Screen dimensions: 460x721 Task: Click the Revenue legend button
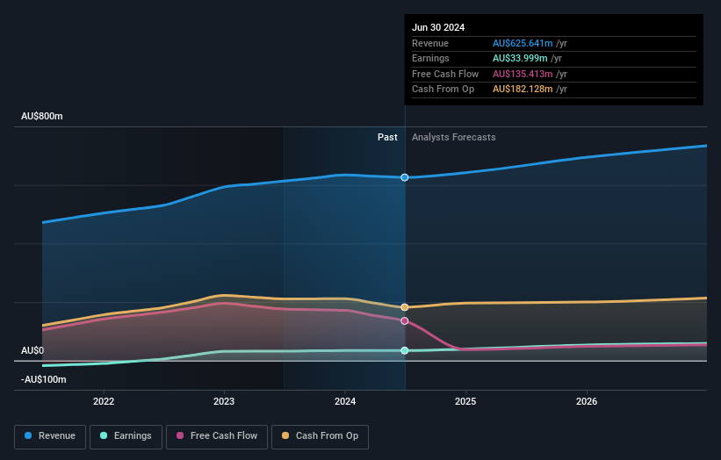(x=51, y=435)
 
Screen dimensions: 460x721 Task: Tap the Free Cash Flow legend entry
(x=217, y=435)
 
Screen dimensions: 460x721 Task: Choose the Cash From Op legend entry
(x=321, y=435)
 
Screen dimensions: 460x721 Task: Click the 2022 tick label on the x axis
(x=104, y=401)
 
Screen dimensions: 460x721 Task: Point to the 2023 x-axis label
(x=224, y=401)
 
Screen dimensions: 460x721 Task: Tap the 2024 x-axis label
(x=345, y=401)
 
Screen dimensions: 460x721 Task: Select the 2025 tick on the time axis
(x=465, y=401)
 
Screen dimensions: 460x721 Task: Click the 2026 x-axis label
(x=587, y=401)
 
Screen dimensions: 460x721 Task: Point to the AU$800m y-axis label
(x=42, y=117)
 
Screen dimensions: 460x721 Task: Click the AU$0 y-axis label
(x=32, y=350)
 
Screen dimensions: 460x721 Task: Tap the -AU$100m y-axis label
(x=44, y=379)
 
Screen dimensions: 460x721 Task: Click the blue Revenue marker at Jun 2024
(x=405, y=177)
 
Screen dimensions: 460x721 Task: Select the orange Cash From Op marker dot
(x=405, y=307)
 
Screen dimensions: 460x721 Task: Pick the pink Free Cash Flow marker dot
(x=405, y=320)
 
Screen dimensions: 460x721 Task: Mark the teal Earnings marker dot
(x=405, y=350)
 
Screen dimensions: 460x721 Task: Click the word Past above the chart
(x=387, y=138)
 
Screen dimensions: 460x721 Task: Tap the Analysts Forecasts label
(x=453, y=138)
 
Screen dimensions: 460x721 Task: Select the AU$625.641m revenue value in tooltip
(x=523, y=44)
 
